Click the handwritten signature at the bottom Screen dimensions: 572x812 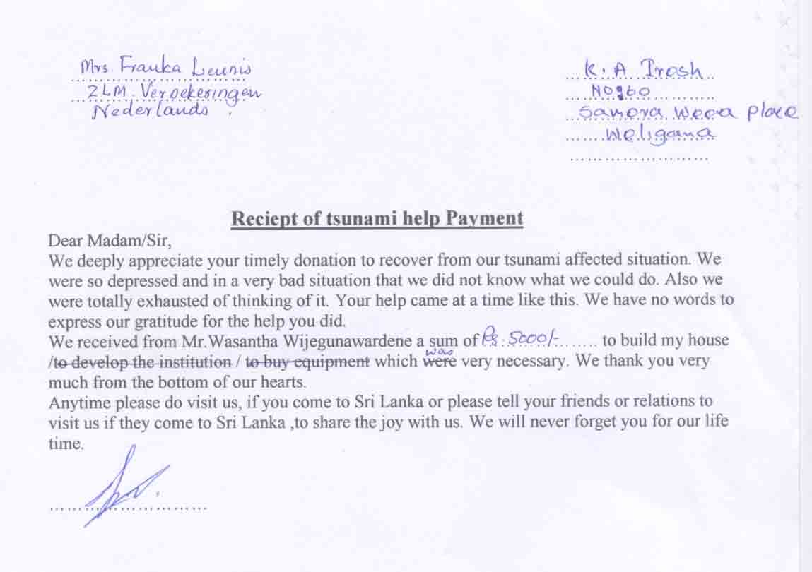[x=127, y=487]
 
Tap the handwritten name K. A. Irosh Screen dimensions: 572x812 [x=644, y=69]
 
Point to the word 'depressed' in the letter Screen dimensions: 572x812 [x=141, y=280]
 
